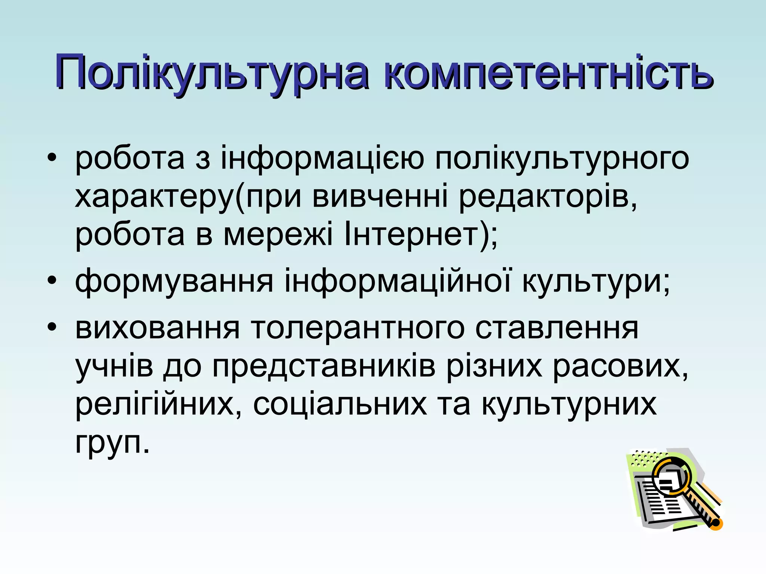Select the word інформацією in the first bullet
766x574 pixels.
(322, 158)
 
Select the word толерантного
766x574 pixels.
(357, 328)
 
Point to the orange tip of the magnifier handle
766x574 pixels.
(716, 524)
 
